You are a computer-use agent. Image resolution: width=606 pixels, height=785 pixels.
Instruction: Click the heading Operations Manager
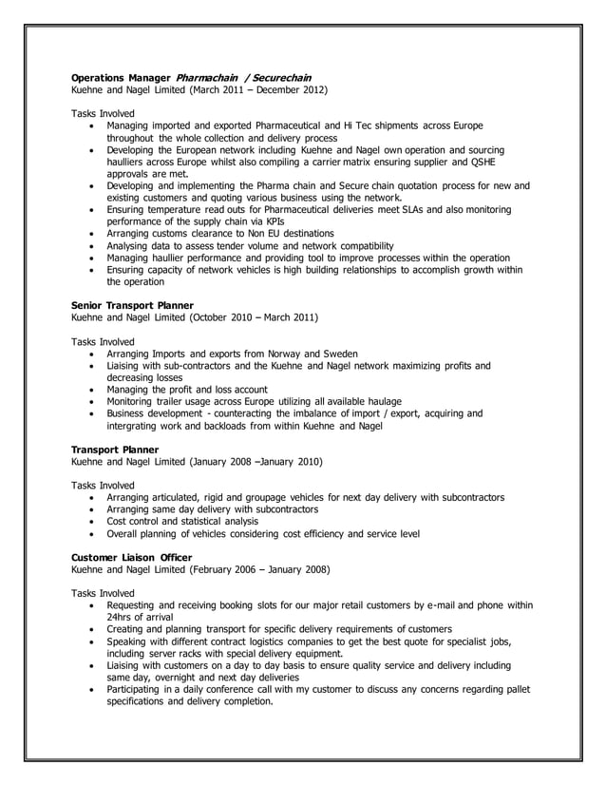coord(121,76)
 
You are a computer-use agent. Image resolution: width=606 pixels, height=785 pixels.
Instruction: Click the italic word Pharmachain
coord(207,76)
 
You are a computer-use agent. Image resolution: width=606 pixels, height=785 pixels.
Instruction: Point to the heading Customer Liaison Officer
coord(132,557)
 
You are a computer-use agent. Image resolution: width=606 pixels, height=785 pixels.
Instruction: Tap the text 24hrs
coord(121,617)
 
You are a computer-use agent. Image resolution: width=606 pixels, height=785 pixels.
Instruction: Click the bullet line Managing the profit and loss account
coord(187,390)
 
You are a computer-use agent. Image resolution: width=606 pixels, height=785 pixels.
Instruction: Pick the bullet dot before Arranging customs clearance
coord(91,234)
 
